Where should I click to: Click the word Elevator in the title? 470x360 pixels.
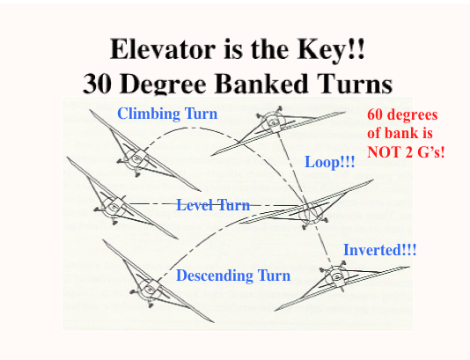[x=163, y=49]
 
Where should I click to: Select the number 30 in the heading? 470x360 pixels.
[x=97, y=83]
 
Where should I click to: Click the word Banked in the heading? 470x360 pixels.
[x=264, y=83]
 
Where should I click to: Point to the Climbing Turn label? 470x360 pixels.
[x=167, y=114]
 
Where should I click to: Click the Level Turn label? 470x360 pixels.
[x=213, y=205]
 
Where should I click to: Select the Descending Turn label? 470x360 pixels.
[x=233, y=276]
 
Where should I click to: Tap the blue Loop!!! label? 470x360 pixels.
[x=330, y=162]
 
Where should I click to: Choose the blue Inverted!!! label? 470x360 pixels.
[x=379, y=250]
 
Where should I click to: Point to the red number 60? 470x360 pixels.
[x=375, y=114]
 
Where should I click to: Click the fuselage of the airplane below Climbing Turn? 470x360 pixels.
[x=136, y=158]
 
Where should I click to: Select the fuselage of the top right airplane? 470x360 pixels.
[x=273, y=122]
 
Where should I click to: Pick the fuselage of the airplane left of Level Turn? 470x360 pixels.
[x=114, y=207]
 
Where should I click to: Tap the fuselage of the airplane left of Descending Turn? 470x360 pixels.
[x=149, y=290]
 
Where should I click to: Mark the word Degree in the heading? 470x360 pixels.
[x=164, y=84]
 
